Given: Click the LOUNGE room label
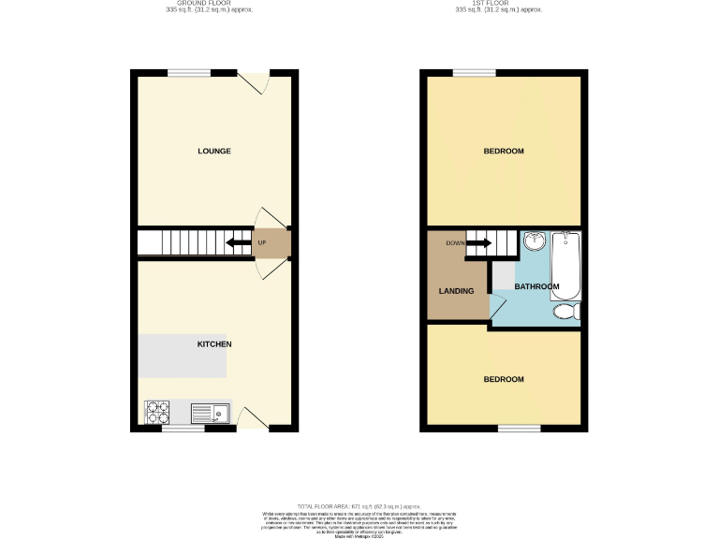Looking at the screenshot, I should tap(213, 151).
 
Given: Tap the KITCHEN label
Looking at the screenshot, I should tap(213, 344).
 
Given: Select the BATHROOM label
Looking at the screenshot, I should tap(536, 286).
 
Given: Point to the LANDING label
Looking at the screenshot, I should tap(457, 291).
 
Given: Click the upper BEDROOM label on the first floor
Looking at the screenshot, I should tap(503, 151).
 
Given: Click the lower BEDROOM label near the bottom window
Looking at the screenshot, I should tap(503, 379).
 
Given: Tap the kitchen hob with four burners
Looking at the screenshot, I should tap(158, 412).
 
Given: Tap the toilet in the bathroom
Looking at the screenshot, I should tap(566, 313).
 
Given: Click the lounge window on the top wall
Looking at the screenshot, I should tap(189, 73).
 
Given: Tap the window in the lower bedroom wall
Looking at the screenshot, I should tap(519, 429).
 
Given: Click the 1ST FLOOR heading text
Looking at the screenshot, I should tap(497, 4).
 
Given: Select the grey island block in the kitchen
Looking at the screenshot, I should tap(183, 357).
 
